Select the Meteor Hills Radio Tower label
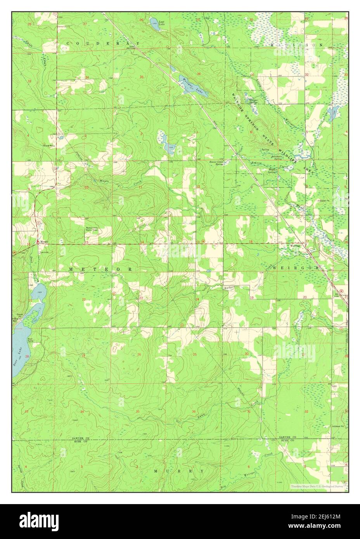point(92,229)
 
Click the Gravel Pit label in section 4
point(50,146)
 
